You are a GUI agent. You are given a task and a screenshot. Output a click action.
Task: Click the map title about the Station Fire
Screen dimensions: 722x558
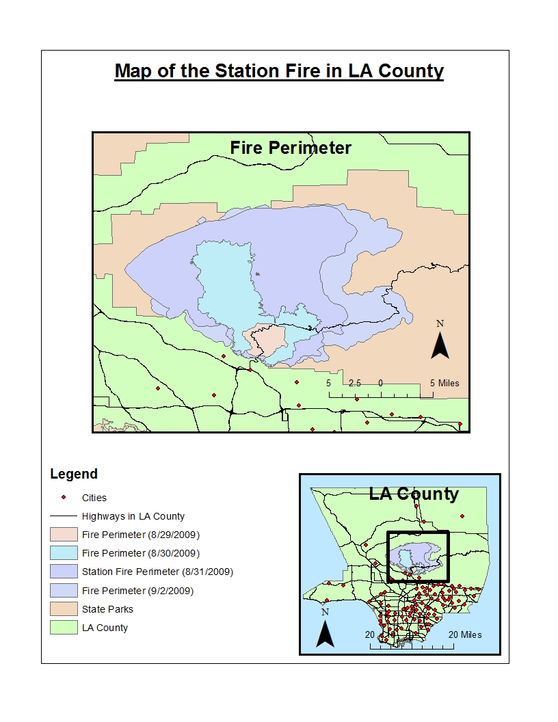coord(279,71)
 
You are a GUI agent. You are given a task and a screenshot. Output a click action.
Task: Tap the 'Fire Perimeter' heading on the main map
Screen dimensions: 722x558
coord(291,148)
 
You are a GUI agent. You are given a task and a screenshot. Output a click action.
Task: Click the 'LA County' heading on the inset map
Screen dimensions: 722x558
coord(414,494)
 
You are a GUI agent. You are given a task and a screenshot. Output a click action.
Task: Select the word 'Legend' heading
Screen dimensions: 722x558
coord(74,474)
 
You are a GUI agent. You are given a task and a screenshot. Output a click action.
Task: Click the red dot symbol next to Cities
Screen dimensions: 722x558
coord(64,498)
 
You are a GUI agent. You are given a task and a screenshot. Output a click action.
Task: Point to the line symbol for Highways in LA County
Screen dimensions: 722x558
coord(64,516)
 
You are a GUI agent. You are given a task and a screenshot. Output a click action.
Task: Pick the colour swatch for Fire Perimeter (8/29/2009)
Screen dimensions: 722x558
coord(64,534)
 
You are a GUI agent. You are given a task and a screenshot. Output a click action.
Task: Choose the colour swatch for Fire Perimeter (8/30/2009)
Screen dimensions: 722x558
coord(64,552)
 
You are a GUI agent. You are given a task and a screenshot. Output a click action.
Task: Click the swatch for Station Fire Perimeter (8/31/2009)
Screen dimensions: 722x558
coord(64,571)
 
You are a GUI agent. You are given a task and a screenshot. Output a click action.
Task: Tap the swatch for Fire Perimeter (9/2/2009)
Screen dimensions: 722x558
coord(64,590)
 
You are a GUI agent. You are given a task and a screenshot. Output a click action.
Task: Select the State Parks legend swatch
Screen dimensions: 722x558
coord(64,609)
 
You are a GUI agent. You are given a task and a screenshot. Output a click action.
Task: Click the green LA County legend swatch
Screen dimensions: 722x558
coord(64,628)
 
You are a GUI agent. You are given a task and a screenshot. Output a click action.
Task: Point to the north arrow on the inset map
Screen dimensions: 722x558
coord(325,629)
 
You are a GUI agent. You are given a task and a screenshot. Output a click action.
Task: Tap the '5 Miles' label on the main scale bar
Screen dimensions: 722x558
coord(444,383)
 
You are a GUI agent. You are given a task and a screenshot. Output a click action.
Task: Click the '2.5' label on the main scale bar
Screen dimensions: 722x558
coord(354,383)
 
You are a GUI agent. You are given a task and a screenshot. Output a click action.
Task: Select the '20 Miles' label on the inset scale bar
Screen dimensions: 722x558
coord(465,634)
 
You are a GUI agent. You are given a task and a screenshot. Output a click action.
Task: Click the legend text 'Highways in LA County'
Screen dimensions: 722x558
coord(133,516)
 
